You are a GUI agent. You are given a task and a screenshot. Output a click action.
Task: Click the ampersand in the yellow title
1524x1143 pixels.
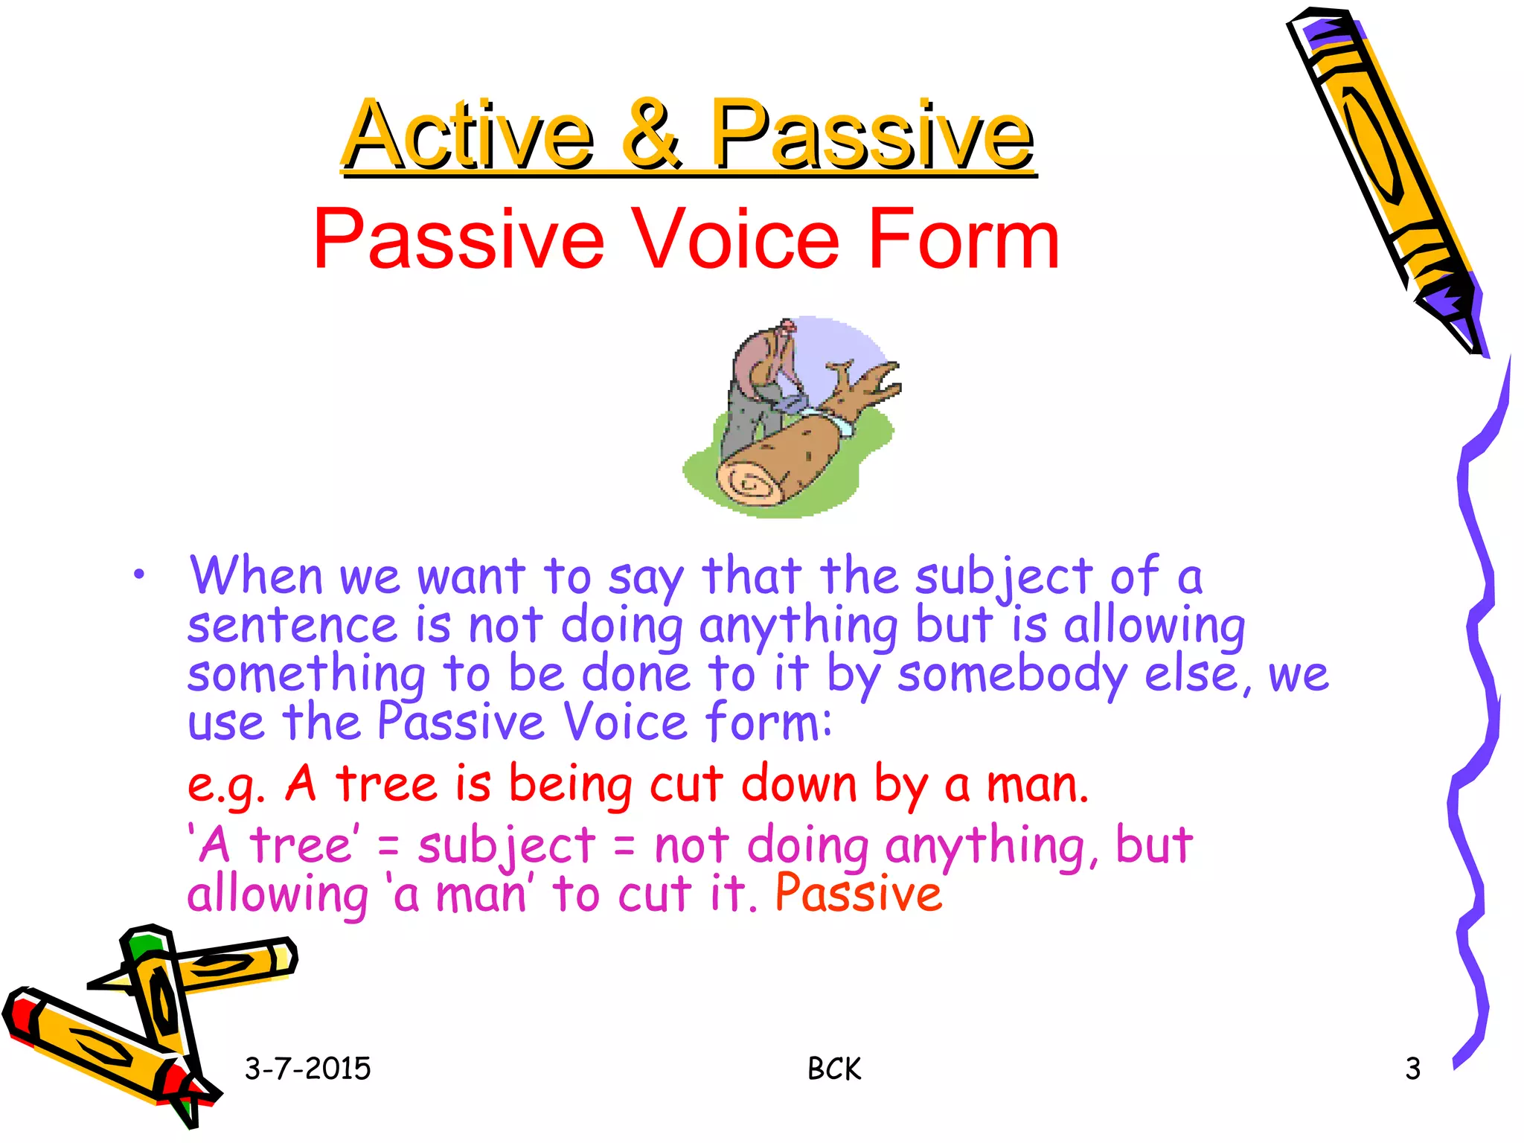pos(650,134)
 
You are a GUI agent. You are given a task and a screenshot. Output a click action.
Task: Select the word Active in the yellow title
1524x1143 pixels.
pos(468,134)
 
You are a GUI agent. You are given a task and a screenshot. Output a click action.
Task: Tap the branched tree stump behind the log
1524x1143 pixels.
pos(867,387)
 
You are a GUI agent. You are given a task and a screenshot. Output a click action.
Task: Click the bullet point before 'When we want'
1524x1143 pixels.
pos(138,574)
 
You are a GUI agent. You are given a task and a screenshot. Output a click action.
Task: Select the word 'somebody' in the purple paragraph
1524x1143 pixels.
pos(1012,674)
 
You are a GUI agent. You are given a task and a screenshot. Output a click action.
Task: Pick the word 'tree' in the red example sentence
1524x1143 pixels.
pos(387,784)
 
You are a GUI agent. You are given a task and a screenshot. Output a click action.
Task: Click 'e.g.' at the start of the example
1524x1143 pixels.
pos(225,786)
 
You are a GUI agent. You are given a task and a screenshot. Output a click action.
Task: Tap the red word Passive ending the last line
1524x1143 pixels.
pos(859,893)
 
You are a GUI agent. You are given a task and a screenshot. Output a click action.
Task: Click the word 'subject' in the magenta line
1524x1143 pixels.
pos(506,847)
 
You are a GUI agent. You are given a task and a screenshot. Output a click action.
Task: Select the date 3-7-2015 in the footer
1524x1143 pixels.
pos(307,1069)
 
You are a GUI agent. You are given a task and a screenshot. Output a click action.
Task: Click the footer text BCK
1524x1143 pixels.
pos(834,1069)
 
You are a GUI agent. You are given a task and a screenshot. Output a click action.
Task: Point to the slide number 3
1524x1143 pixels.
pos(1412,1069)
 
